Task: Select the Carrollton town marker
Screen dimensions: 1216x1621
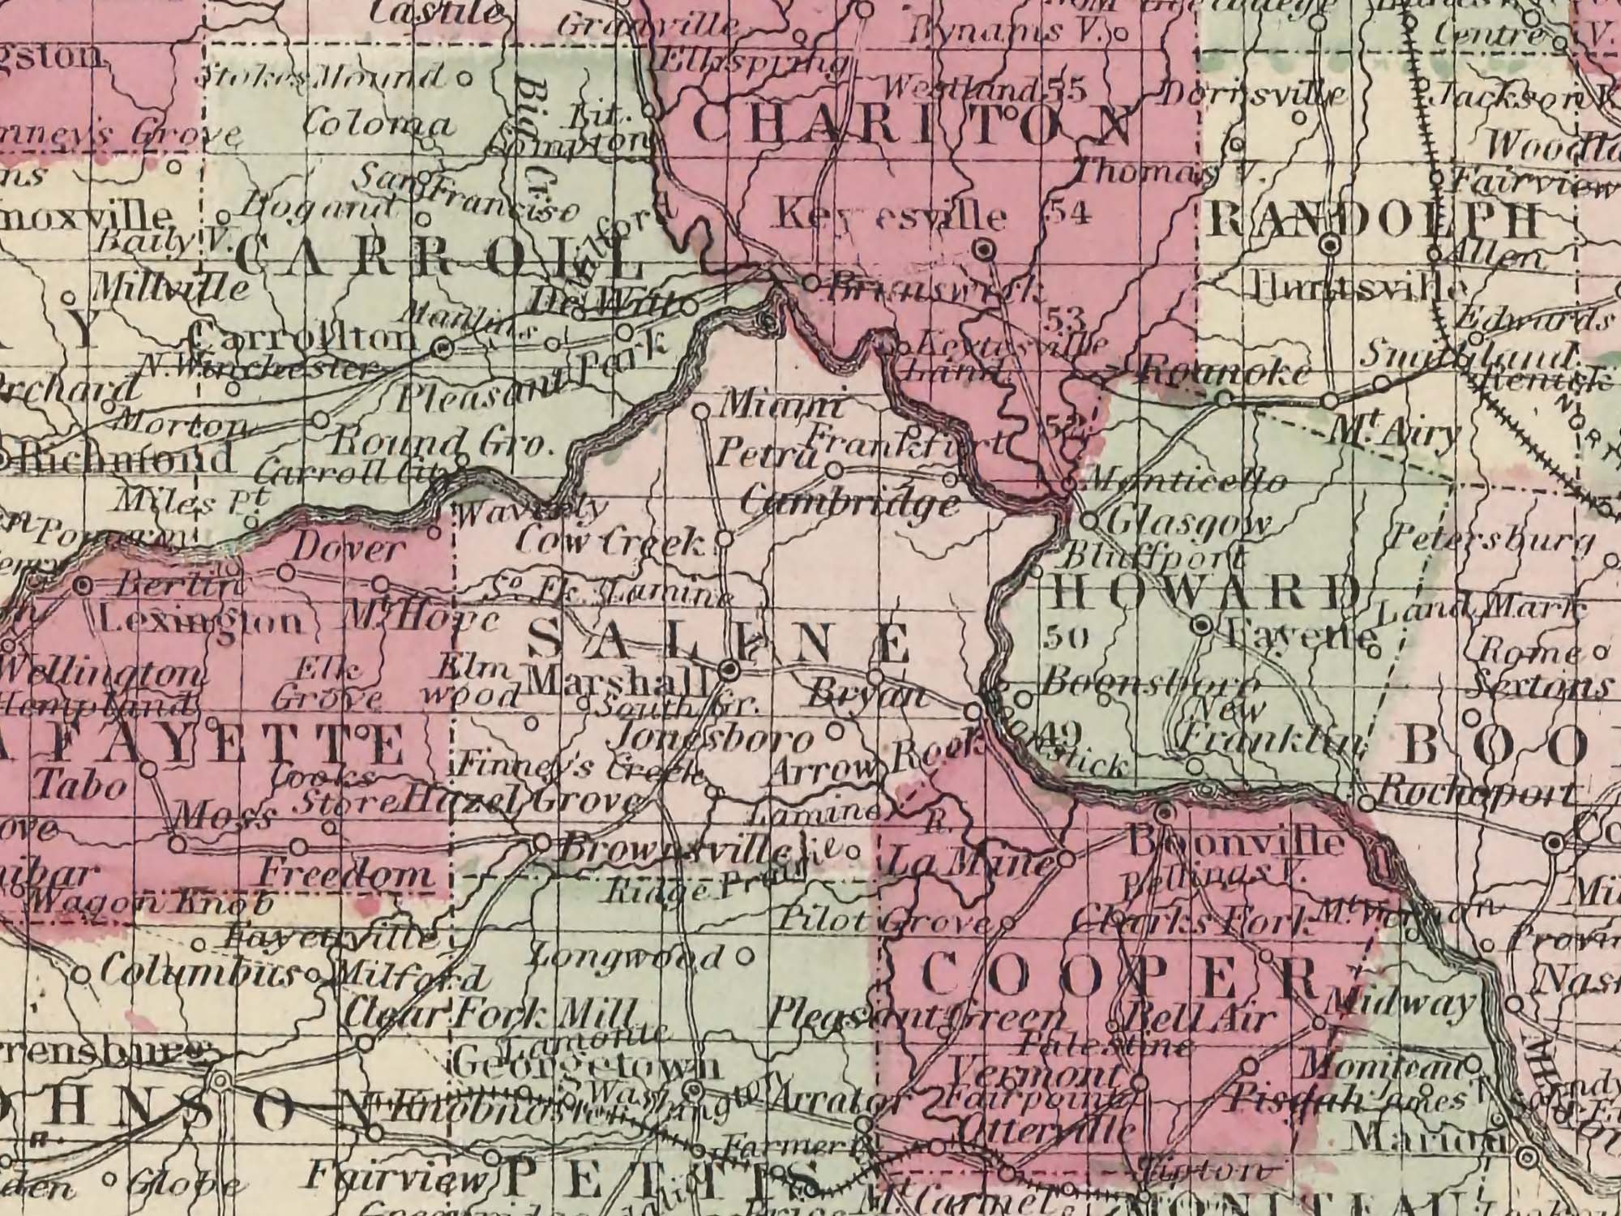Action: (x=442, y=349)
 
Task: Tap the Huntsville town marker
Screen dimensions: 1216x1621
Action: (x=1332, y=245)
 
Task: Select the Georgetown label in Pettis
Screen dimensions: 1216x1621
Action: (x=584, y=1065)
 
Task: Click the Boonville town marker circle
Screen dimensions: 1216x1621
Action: (x=1165, y=812)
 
